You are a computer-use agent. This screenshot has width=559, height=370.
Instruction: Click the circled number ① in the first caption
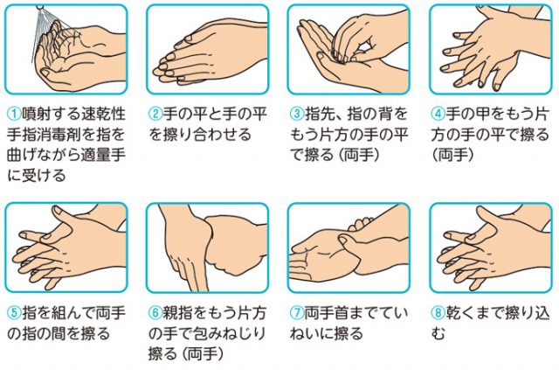tap(14, 115)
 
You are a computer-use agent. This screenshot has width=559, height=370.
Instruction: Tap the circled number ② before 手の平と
tap(155, 115)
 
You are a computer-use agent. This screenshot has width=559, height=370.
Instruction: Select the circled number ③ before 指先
tap(297, 115)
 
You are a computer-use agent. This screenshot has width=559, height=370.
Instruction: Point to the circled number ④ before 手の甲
tap(438, 115)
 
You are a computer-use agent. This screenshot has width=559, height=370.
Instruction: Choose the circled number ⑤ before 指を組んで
tap(14, 313)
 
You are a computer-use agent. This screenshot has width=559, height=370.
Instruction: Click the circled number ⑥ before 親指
tap(155, 313)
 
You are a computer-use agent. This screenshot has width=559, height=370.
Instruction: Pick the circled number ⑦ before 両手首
tap(297, 313)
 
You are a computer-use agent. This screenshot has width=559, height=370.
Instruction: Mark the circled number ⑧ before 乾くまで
tap(438, 313)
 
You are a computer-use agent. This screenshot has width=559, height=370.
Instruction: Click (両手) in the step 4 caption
tap(453, 156)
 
